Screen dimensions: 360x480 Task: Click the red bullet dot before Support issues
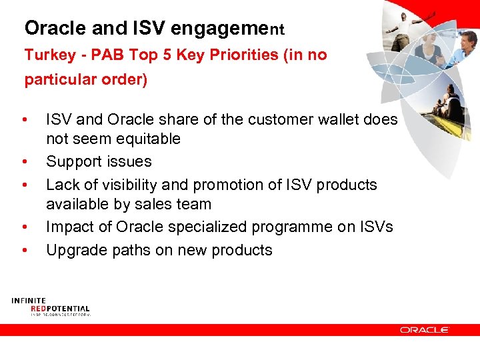[25, 161]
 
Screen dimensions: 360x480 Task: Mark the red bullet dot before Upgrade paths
[25, 250]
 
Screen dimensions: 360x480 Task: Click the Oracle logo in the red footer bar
[425, 329]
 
